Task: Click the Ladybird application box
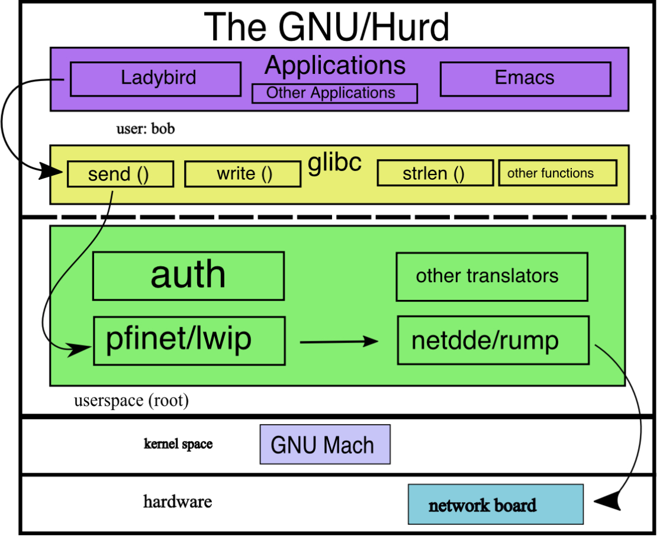point(156,79)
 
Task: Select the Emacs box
point(525,79)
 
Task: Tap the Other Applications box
point(334,93)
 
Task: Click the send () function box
point(120,174)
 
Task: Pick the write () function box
point(243,174)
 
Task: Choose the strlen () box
point(435,173)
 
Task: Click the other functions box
point(557,173)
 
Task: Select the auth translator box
point(188,276)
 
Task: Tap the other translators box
point(491,276)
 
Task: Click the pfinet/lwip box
point(189,341)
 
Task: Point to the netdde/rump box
point(493,341)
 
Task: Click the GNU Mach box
point(325,444)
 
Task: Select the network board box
point(495,505)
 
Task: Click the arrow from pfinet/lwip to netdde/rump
point(339,341)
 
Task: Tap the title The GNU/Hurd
point(327,27)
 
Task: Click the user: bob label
point(146,129)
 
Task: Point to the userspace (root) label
point(131,401)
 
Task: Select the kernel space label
point(178,444)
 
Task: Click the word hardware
point(178,502)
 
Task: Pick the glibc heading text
point(334,161)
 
